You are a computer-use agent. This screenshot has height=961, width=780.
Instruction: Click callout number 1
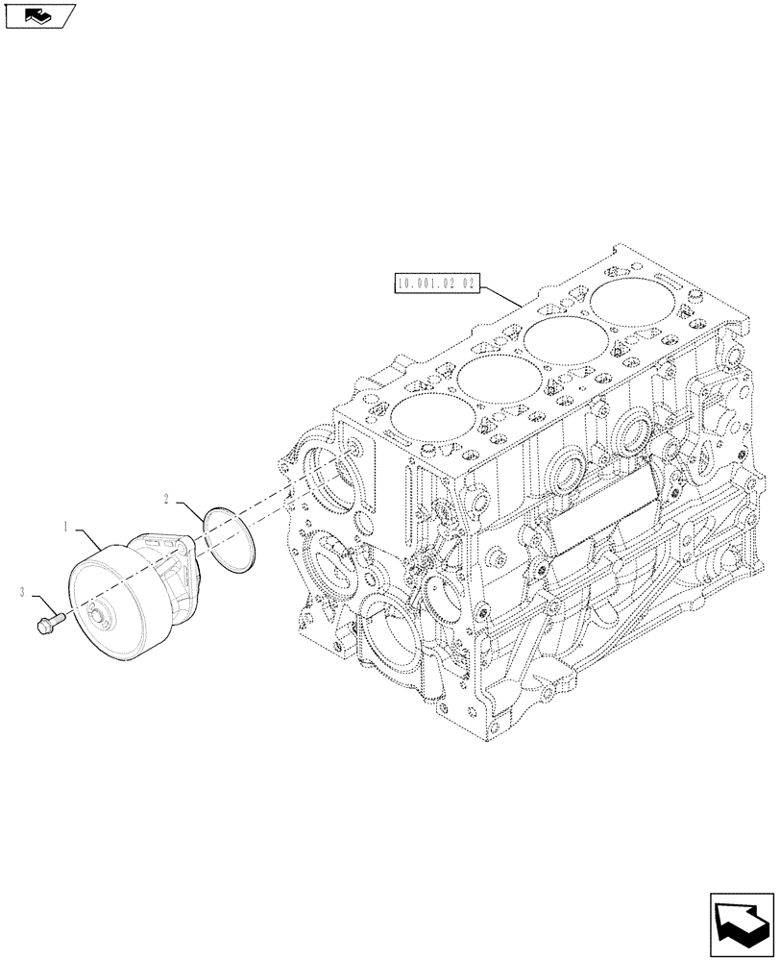tap(65, 527)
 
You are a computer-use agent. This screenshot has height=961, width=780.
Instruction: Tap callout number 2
tap(167, 499)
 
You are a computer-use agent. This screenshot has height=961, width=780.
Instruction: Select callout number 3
tap(22, 594)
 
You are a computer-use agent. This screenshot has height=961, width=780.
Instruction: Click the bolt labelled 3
tap(48, 623)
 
